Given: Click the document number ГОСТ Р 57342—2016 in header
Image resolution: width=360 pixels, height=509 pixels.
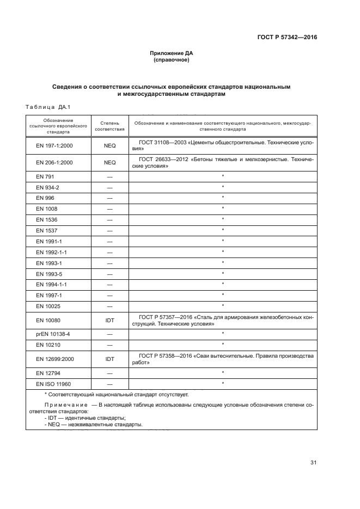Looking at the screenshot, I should [286, 38].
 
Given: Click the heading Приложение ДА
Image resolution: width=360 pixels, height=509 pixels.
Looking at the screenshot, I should [172, 53].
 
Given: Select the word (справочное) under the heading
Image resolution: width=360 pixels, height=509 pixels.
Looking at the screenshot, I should [172, 60].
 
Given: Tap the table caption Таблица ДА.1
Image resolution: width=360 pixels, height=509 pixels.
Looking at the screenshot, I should [48, 107].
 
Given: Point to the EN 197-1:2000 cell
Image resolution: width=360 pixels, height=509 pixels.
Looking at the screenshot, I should [54, 146].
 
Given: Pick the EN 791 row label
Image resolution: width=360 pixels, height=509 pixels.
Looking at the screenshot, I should [45, 177].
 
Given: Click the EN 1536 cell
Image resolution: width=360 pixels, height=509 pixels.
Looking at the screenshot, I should [46, 219].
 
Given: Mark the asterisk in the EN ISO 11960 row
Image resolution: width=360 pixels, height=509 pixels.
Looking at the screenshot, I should [223, 384].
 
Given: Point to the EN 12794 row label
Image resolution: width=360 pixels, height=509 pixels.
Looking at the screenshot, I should [48, 373].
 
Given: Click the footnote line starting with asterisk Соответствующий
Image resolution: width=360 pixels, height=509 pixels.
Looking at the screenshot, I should [116, 394].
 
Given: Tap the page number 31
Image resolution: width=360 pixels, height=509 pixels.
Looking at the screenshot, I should [313, 463].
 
